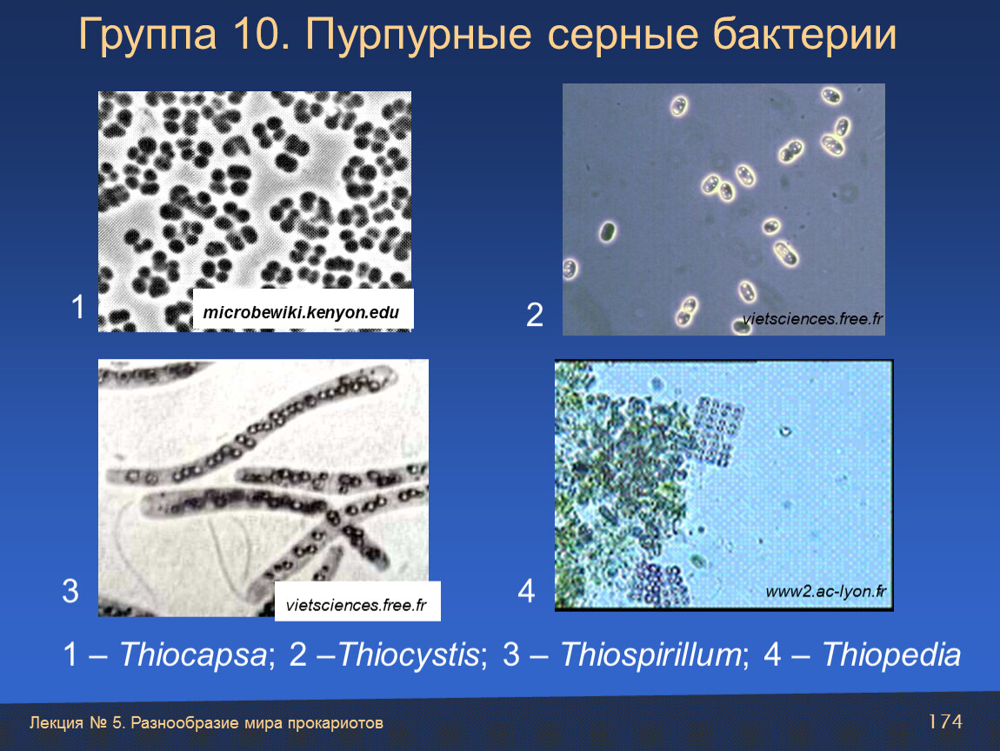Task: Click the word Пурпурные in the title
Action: (x=417, y=35)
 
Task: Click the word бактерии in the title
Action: (x=805, y=34)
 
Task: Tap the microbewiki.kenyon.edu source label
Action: (x=301, y=312)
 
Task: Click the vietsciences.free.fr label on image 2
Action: (x=812, y=319)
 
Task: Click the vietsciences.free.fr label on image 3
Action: (x=356, y=605)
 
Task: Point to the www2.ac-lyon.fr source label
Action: (x=826, y=592)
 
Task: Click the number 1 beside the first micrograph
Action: (x=77, y=307)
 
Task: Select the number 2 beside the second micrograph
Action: (x=535, y=315)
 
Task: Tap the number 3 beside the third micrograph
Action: (x=70, y=590)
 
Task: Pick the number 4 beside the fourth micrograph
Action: (x=525, y=590)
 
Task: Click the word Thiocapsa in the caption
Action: (x=193, y=655)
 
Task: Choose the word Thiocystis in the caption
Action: (x=408, y=655)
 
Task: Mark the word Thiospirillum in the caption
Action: (x=651, y=655)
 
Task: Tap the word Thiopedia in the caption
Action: (x=891, y=655)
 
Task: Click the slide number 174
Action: (x=945, y=721)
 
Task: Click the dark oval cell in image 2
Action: (x=608, y=232)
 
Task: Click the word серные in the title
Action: (x=621, y=35)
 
